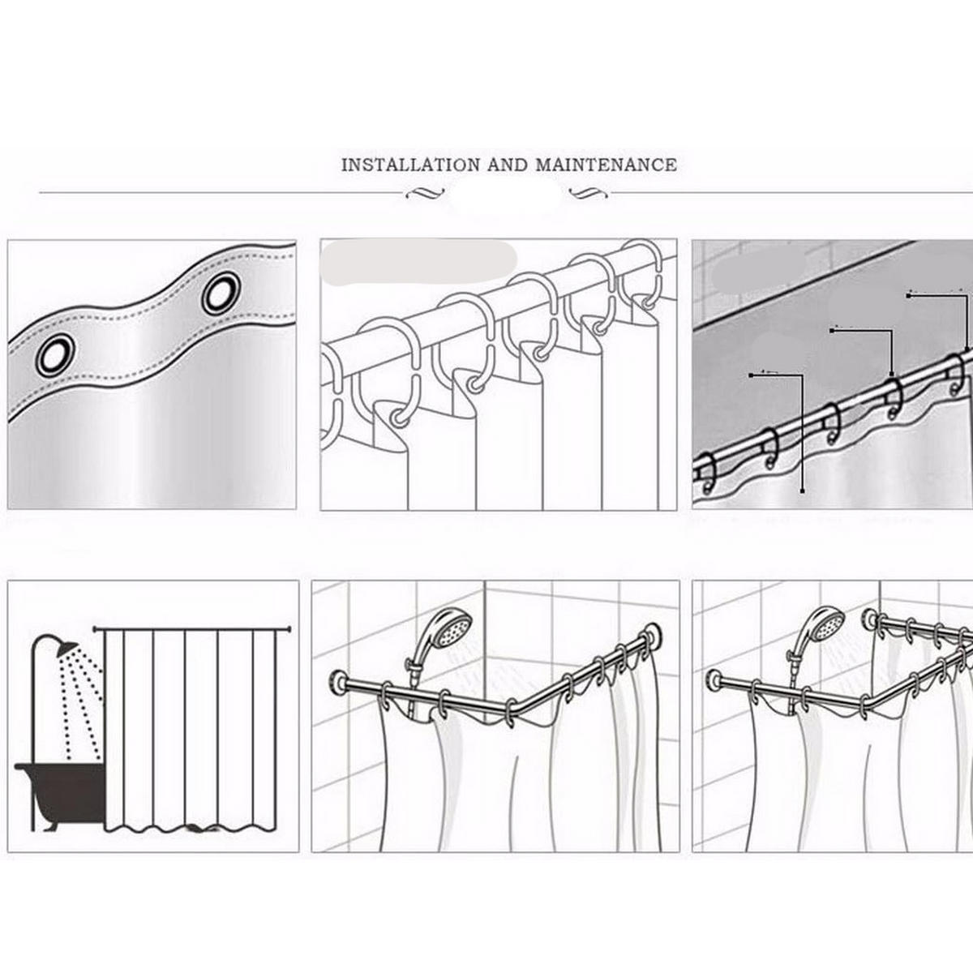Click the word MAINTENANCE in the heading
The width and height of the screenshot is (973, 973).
pos(606,165)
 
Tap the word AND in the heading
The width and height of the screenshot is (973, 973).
pos(508,165)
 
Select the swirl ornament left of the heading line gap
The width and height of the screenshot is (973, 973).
pos(425,193)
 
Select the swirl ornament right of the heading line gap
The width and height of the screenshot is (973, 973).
pos(588,193)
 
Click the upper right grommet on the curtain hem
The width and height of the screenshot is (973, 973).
pos(221,293)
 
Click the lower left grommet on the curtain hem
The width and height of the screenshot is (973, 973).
pos(55,355)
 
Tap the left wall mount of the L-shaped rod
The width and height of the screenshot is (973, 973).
pos(337,683)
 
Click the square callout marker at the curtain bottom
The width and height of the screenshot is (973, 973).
pos(803,491)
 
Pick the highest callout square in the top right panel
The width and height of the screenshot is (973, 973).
pos(908,297)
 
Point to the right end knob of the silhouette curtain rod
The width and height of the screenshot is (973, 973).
pos(289,629)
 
